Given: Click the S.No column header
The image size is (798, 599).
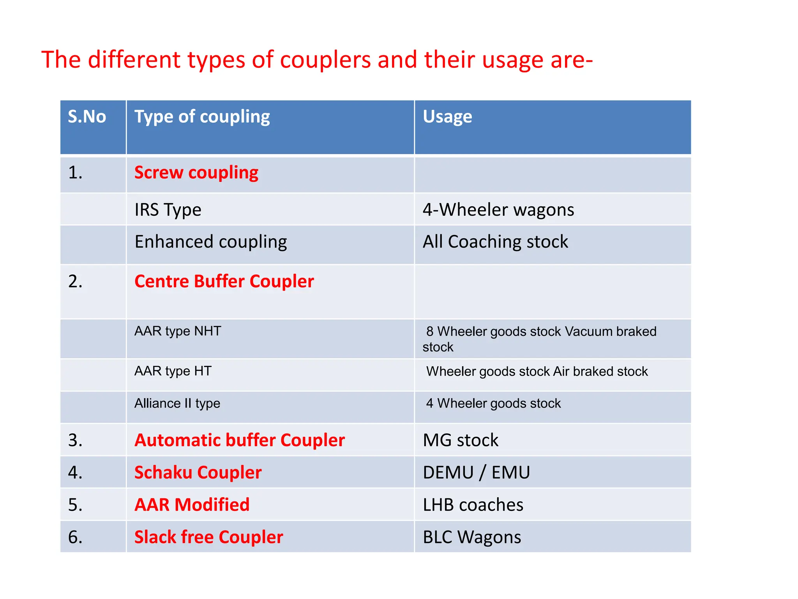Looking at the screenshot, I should click(87, 117).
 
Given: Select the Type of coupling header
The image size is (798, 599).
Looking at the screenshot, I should click(202, 117).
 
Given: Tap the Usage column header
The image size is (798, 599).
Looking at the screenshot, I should click(447, 117).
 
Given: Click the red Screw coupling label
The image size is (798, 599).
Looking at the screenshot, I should click(196, 172).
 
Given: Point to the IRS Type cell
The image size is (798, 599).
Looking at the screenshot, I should click(168, 210).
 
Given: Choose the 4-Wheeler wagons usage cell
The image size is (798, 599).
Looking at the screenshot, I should click(498, 210).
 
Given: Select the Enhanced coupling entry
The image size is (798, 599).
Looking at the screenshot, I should click(211, 242).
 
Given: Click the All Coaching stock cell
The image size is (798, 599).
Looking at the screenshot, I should click(495, 242).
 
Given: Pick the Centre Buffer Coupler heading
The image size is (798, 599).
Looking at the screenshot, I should click(224, 281).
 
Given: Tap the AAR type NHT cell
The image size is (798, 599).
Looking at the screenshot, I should click(178, 331).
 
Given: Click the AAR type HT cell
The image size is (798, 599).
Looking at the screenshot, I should click(173, 371).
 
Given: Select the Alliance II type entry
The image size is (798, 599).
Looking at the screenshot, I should click(177, 403).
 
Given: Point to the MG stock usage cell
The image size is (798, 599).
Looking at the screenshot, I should click(461, 440).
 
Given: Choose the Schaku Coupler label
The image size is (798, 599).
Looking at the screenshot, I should click(198, 473).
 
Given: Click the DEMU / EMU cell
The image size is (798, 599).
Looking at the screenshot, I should click(476, 473).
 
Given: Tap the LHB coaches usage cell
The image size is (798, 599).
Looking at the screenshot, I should click(473, 505).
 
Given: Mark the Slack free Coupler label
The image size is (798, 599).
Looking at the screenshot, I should click(208, 537).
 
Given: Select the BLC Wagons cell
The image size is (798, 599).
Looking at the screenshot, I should click(472, 537).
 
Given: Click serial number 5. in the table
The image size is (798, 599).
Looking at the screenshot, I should click(75, 505).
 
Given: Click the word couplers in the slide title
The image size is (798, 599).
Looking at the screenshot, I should click(325, 60).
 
